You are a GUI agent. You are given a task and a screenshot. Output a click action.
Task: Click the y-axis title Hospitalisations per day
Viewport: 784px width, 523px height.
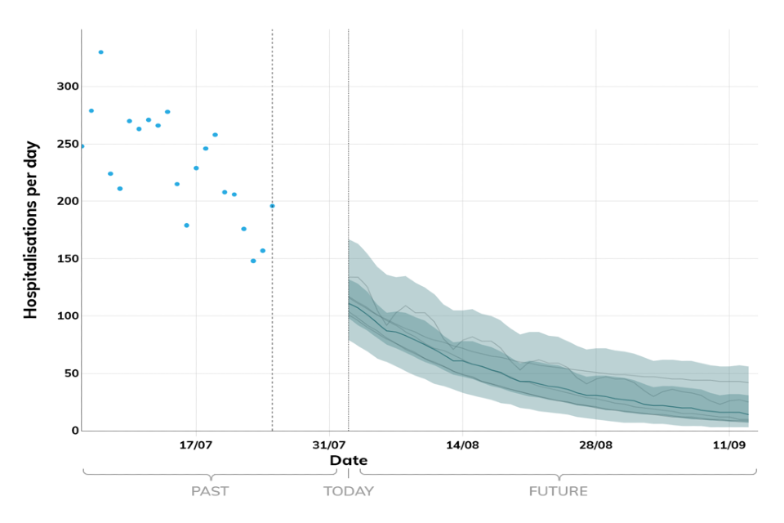click(31, 230)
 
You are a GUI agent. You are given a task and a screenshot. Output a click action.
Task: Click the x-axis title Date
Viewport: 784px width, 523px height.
click(348, 461)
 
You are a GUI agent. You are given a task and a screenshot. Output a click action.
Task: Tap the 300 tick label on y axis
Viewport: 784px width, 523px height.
click(66, 87)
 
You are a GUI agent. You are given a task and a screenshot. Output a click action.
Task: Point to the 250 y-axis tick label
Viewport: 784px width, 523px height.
click(66, 144)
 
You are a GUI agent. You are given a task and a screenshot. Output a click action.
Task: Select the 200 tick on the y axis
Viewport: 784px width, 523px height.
click(66, 201)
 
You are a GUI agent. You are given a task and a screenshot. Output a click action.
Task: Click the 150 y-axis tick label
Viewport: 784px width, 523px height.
click(66, 258)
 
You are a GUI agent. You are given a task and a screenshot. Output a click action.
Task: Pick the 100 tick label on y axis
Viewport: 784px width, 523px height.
click(66, 316)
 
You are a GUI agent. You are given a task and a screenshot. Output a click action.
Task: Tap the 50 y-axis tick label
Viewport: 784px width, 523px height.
click(69, 373)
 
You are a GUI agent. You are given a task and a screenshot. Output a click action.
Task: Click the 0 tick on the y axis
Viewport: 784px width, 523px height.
click(73, 431)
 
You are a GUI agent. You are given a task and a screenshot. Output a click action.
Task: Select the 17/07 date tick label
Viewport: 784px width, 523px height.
click(196, 445)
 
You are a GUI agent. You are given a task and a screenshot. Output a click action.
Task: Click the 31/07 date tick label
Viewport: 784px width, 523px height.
click(329, 445)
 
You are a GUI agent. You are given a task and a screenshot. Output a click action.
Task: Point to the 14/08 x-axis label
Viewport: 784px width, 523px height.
click(462, 445)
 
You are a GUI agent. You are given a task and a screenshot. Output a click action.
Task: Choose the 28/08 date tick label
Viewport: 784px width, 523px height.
click(595, 445)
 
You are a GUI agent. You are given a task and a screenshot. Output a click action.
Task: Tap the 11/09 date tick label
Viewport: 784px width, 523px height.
click(728, 445)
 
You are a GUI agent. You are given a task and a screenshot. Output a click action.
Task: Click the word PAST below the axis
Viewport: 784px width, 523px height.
click(210, 491)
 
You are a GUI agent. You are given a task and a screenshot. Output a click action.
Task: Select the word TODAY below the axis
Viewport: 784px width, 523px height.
click(349, 491)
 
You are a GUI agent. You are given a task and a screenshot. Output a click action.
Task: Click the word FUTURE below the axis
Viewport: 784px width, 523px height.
click(558, 491)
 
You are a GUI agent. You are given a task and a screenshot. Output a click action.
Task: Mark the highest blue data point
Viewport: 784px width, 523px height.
click(100, 52)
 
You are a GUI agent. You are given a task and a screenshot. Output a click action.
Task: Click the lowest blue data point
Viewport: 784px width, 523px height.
click(253, 261)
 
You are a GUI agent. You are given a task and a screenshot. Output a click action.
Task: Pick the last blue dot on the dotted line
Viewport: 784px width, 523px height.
click(272, 206)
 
